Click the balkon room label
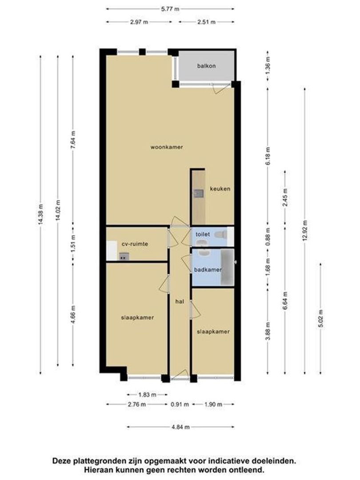206,66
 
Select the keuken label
220,189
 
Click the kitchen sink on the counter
199,193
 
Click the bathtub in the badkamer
228,267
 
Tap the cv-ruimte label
135,244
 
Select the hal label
180,301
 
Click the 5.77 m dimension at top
171,8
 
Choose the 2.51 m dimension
206,22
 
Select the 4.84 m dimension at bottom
181,427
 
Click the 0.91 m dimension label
181,404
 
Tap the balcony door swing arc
219,89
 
